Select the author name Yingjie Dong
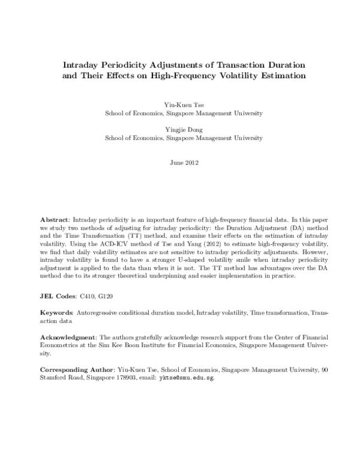click(184, 129)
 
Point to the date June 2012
click(184, 163)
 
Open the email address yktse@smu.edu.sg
click(186, 379)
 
